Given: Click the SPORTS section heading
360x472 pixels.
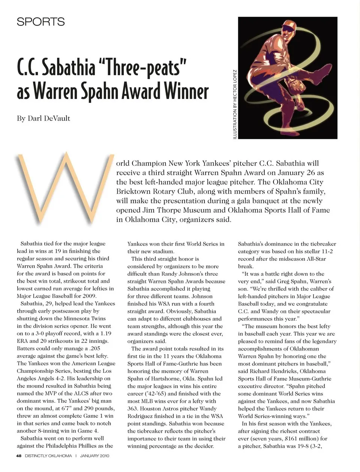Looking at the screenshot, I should tap(40, 22).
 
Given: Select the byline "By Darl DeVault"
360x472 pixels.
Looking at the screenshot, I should tap(43, 118).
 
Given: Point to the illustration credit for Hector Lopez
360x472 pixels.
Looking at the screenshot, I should tap(235, 105).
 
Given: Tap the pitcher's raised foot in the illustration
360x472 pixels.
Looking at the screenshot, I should tap(327, 67).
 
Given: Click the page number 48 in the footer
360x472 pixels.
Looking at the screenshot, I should tap(19, 456).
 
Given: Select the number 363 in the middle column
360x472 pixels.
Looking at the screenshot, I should tap(133, 408).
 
